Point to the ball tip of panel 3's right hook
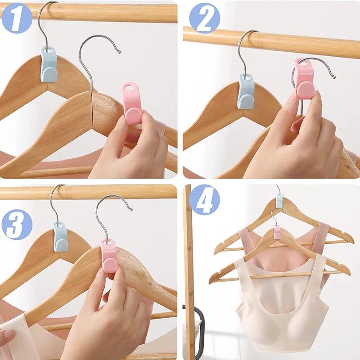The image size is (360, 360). click(131, 210)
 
